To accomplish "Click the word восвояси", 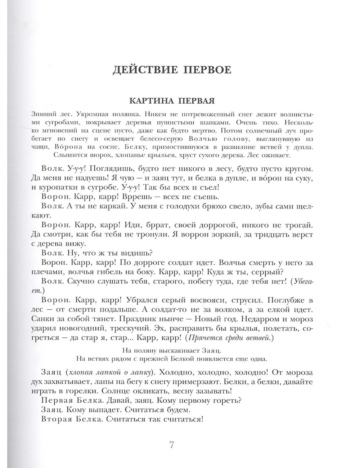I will click(x=193, y=300).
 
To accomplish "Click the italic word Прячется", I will click(x=203, y=338).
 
